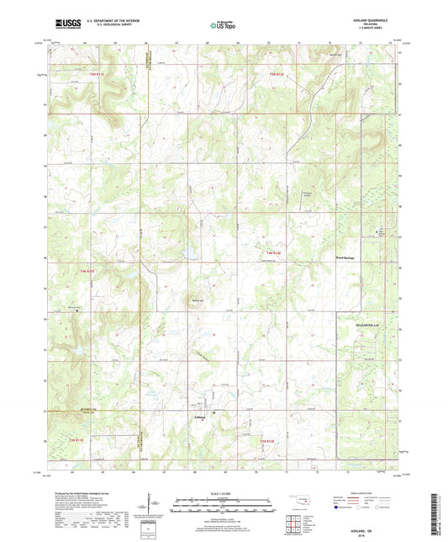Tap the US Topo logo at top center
[223, 26]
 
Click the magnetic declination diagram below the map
[149, 508]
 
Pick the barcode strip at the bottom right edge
[436, 513]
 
